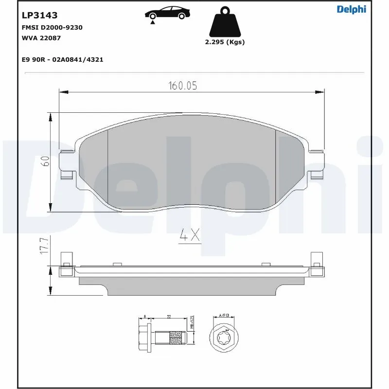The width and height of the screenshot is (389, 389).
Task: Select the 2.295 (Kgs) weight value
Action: [225, 42]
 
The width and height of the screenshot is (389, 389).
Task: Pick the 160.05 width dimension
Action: [182, 86]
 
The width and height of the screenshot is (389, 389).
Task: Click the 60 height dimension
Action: [45, 162]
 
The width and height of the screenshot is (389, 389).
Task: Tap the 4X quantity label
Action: [189, 236]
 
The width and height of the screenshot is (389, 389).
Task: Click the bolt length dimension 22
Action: [168, 317]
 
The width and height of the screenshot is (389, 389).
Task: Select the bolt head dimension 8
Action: [145, 317]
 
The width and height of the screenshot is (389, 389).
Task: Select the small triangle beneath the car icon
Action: [153, 22]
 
